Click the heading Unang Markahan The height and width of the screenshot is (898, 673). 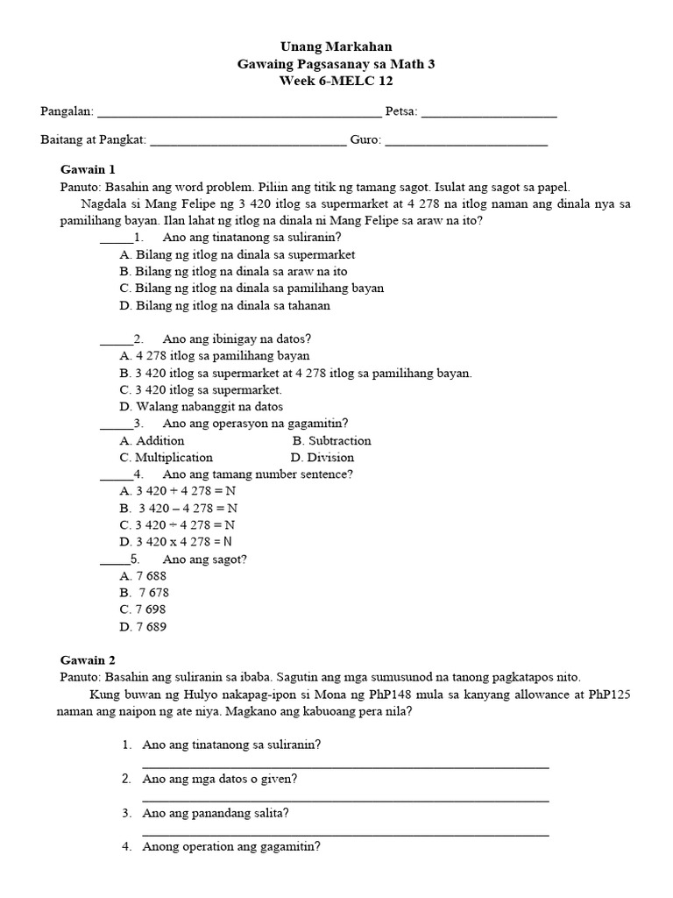click(336, 46)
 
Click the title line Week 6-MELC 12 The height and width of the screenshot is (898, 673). click(336, 81)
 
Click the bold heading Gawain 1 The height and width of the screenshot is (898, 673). click(88, 169)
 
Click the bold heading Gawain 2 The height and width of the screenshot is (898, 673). click(88, 659)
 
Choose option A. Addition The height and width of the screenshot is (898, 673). click(152, 440)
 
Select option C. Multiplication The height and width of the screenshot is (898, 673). click(166, 457)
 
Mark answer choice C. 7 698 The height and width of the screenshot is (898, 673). click(143, 609)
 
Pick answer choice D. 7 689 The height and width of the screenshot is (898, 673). click(143, 626)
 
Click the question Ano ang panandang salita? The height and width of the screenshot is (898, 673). click(216, 813)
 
